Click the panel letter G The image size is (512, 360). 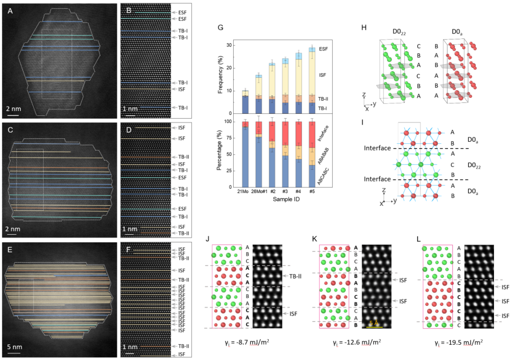pos(220,28)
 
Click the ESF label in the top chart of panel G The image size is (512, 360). pos(323,49)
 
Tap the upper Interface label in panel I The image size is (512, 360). pos(377,148)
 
